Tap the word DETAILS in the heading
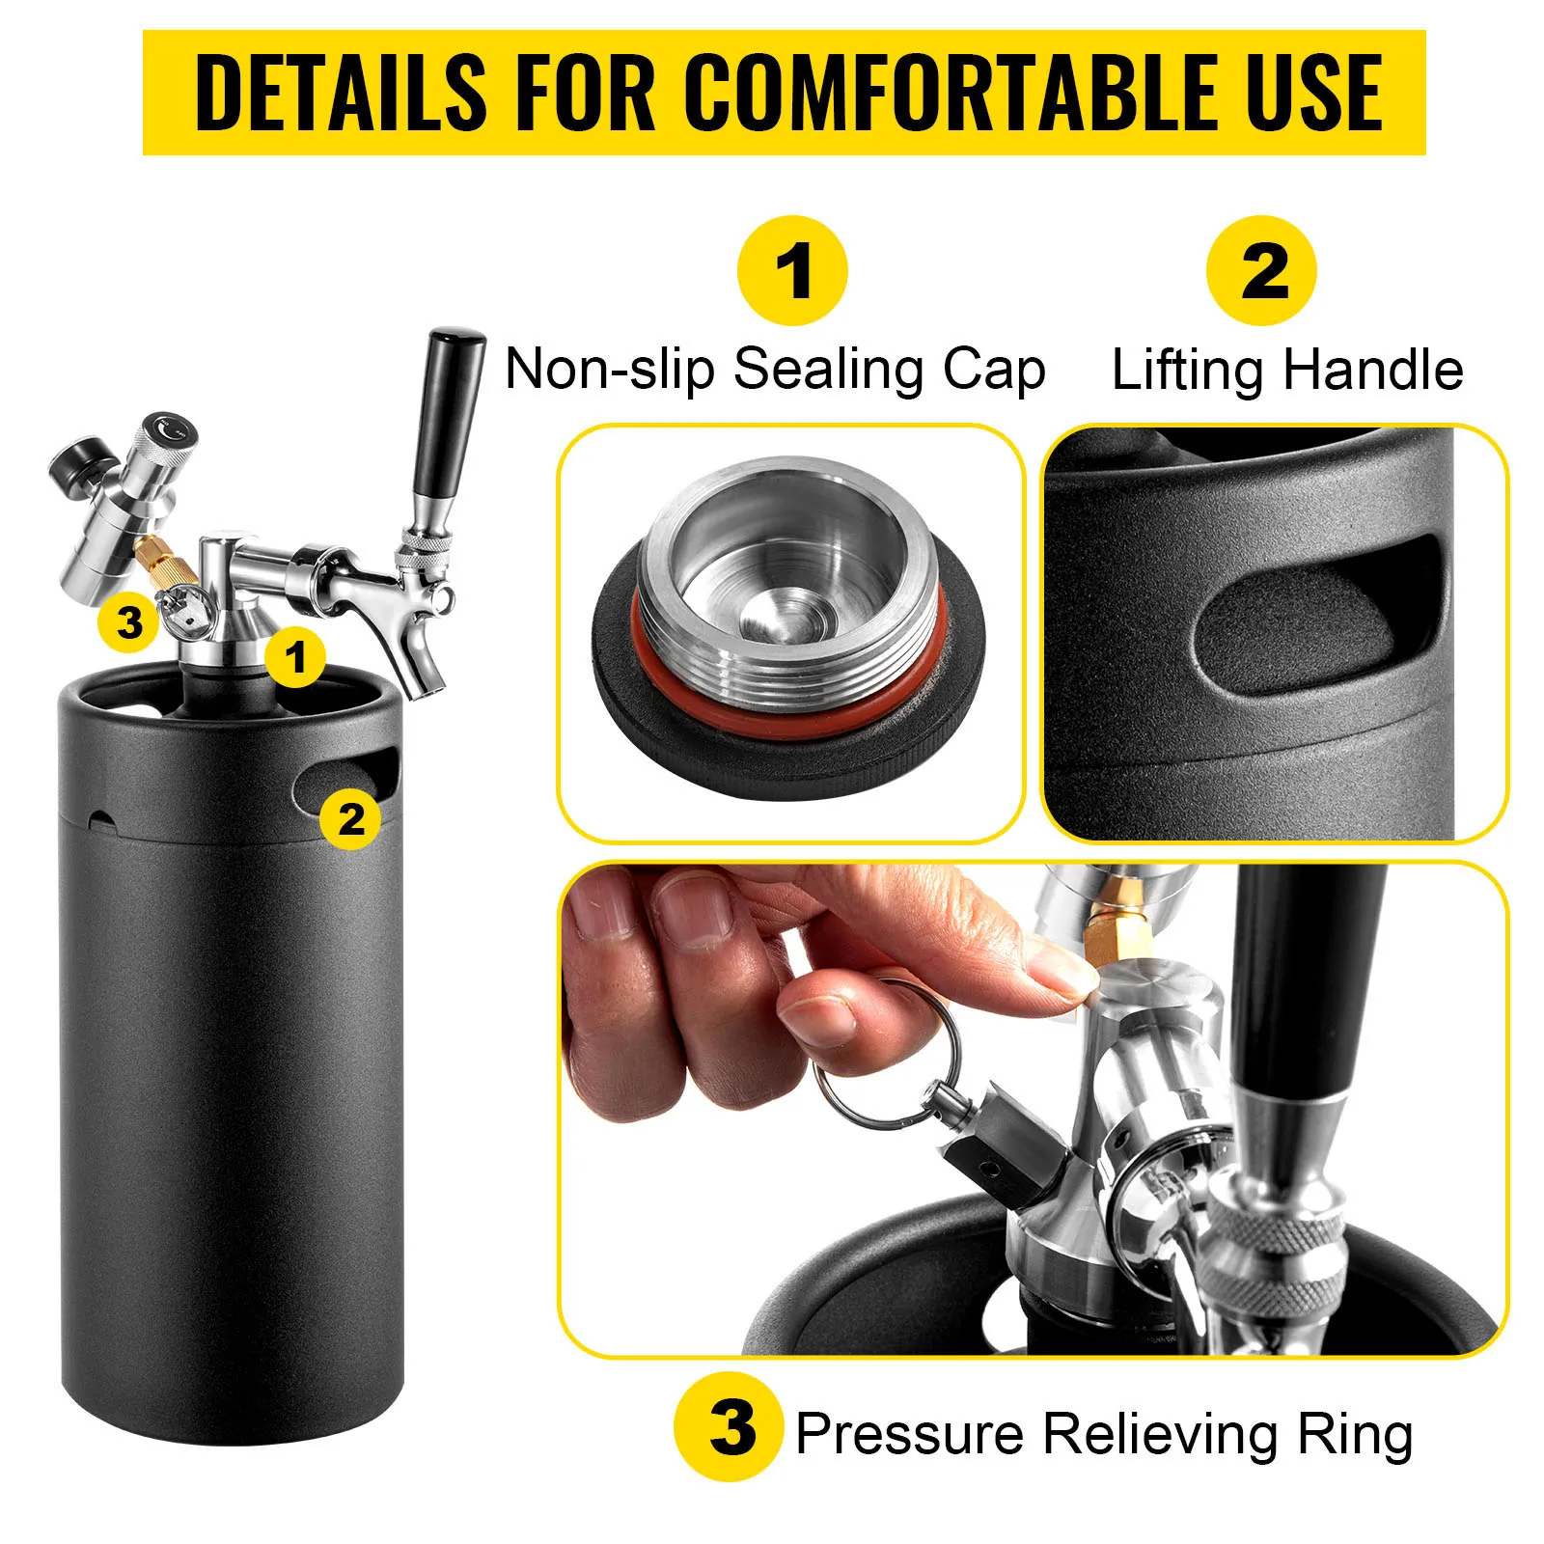tap(342, 93)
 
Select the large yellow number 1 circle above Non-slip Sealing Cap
tap(792, 271)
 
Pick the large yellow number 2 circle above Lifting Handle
tap(1261, 271)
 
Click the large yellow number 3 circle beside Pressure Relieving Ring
tap(731, 1427)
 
